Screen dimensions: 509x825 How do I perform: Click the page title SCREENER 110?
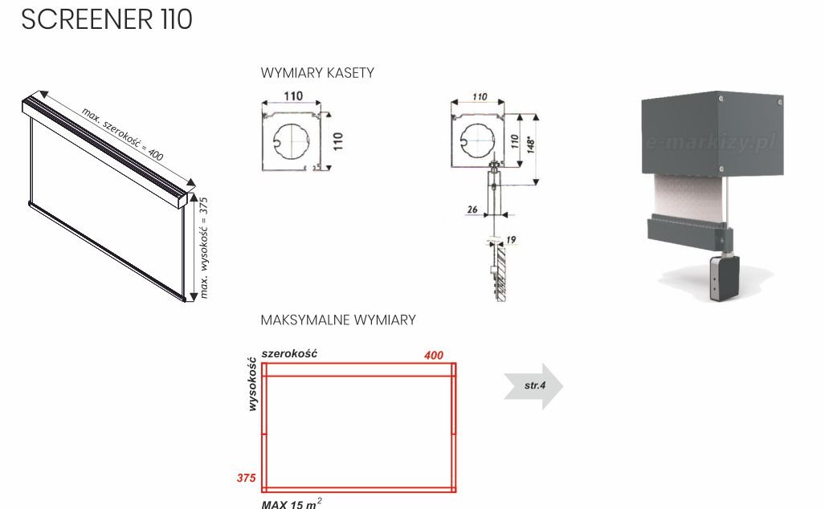click(x=107, y=20)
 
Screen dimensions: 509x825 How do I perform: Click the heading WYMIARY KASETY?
click(x=317, y=73)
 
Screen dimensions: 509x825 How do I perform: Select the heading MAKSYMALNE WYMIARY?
click(x=338, y=320)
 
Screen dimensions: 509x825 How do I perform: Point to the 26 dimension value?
click(x=472, y=210)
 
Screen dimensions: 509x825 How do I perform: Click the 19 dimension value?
click(x=512, y=238)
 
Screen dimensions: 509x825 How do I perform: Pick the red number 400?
click(x=433, y=355)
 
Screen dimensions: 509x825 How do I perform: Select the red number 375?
click(x=246, y=478)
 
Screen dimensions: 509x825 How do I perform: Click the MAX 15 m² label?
click(x=292, y=503)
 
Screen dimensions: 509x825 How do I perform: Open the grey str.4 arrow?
click(x=534, y=386)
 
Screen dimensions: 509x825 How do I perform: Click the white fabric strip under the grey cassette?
click(x=688, y=196)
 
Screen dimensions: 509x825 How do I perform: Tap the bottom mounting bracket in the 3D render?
click(x=722, y=278)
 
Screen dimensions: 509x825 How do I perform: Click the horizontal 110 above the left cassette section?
click(x=293, y=96)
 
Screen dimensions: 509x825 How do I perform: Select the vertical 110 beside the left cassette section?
click(x=338, y=141)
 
